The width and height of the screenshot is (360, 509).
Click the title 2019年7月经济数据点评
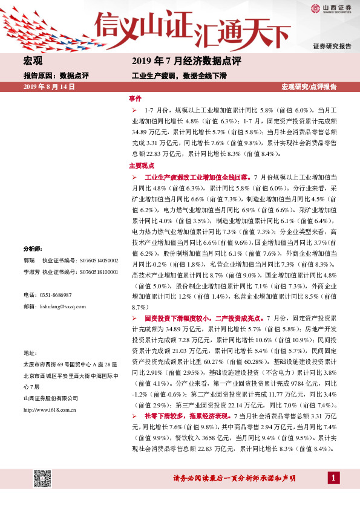(186, 61)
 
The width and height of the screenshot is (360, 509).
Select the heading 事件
(135, 98)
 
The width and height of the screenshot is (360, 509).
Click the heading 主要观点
(142, 165)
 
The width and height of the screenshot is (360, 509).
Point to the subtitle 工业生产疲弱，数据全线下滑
(179, 76)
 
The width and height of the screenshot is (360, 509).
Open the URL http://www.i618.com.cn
(49, 409)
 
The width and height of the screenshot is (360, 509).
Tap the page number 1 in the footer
(332, 478)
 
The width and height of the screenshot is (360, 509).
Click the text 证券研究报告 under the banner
(332, 46)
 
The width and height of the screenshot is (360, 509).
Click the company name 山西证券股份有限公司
(51, 397)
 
